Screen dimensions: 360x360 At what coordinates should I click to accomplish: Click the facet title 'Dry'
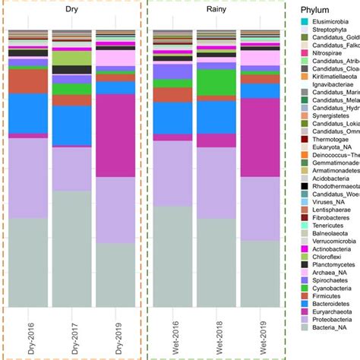[71, 13]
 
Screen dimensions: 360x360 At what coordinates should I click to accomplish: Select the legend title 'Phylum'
[315, 9]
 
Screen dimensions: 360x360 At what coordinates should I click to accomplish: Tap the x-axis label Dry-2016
[29, 333]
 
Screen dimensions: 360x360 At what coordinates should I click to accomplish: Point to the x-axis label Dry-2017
[72, 333]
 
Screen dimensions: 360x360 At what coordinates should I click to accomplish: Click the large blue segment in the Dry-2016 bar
[28, 112]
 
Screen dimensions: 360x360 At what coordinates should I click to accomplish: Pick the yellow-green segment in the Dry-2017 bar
[72, 58]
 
